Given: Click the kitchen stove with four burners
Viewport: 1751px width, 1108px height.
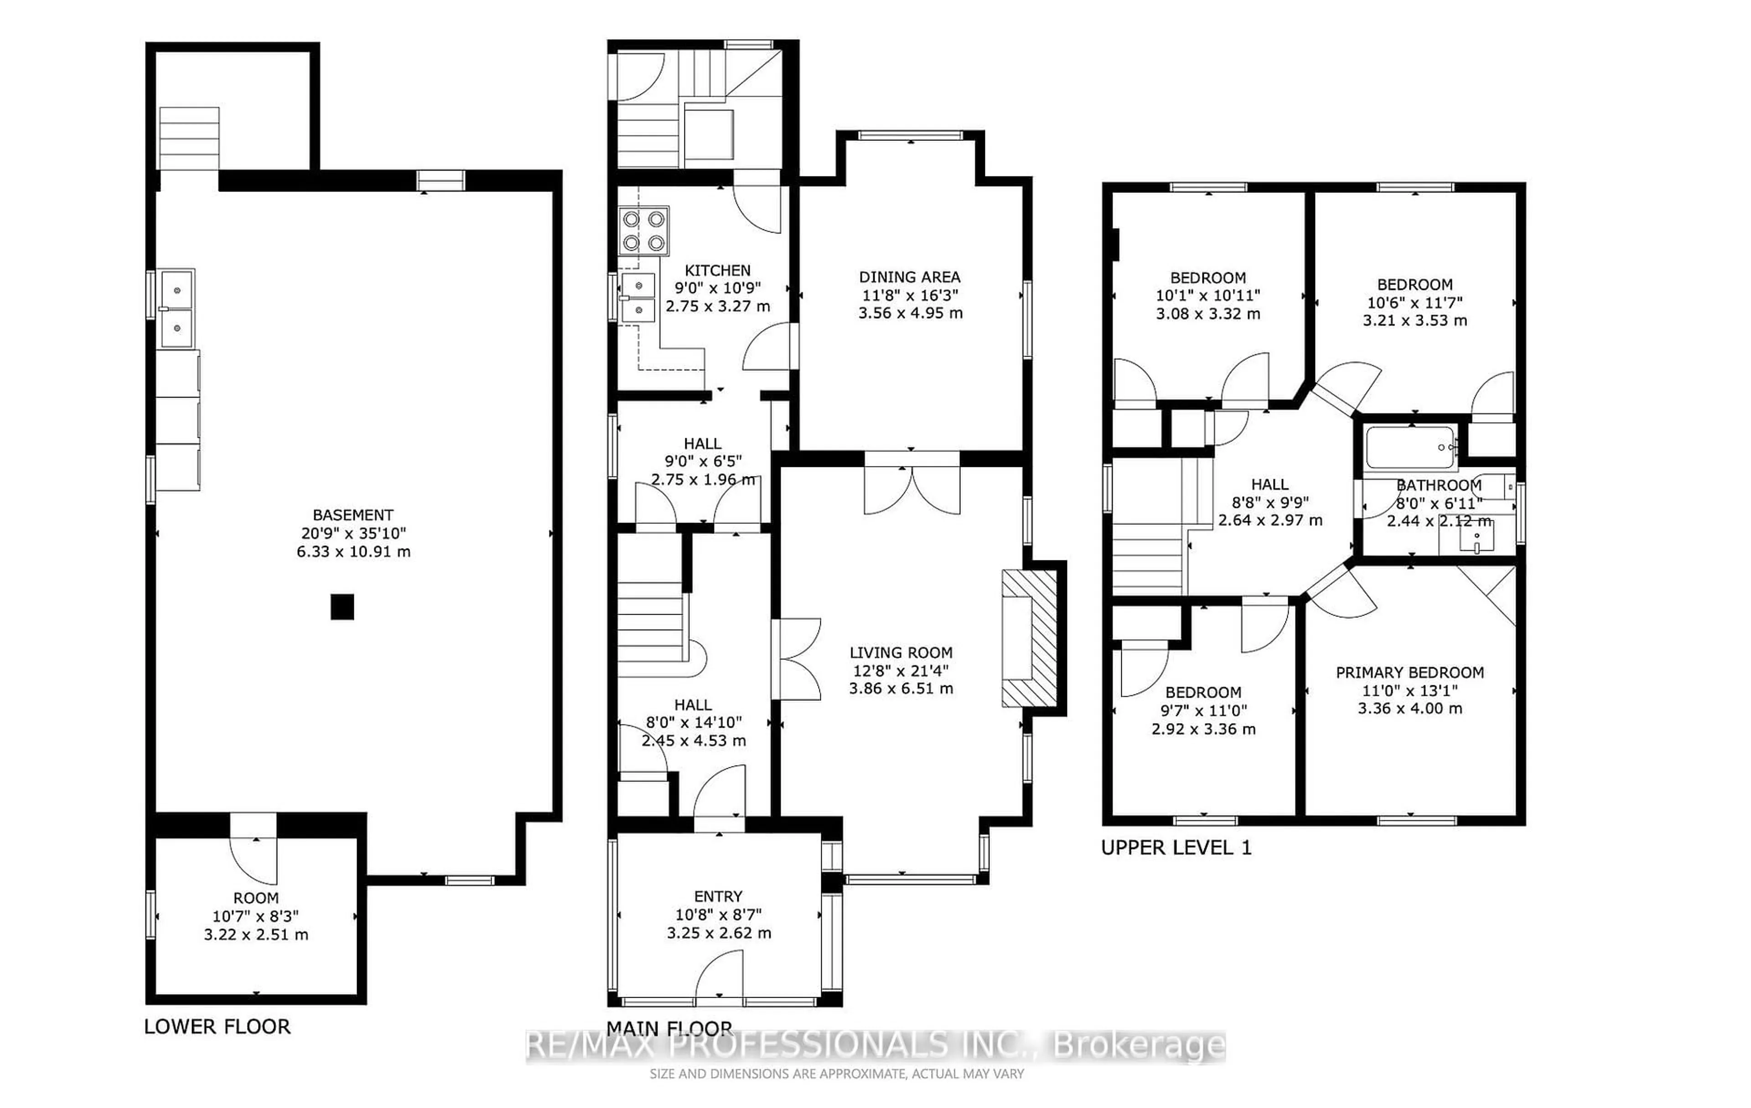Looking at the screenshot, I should [x=643, y=230].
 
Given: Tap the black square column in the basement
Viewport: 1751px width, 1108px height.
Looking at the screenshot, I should [x=342, y=606].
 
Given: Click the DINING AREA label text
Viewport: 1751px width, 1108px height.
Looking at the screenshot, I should [x=910, y=277].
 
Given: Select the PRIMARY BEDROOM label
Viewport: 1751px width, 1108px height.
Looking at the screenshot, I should [x=1409, y=673].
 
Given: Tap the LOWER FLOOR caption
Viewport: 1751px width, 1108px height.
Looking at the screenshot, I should [x=217, y=1026].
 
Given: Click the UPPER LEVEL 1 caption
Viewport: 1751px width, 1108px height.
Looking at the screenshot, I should [x=1176, y=848].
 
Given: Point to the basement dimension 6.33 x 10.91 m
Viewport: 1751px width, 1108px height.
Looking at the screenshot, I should [x=353, y=552].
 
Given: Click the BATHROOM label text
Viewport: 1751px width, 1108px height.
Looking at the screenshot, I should [x=1438, y=485].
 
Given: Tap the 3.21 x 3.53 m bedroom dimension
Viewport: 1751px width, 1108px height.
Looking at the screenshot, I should [x=1414, y=321].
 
